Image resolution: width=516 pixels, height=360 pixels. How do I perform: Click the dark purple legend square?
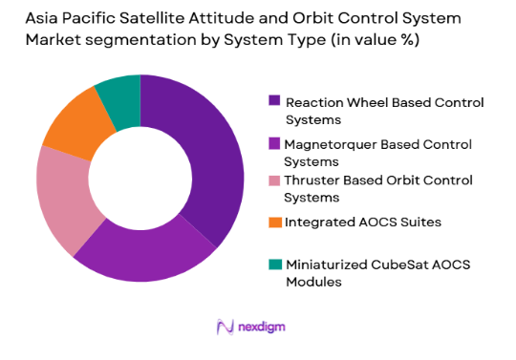[274, 101]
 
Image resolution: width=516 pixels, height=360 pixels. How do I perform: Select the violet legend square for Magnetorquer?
[274, 144]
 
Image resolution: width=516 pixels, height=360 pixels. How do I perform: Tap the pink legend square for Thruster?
[274, 180]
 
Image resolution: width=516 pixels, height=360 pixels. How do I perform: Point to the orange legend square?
[274, 222]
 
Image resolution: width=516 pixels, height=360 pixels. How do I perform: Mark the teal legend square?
[274, 265]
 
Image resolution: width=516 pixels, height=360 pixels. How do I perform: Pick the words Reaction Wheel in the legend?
[331, 101]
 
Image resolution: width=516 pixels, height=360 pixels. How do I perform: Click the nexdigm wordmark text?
[262, 328]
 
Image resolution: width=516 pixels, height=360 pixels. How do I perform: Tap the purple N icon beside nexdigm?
[226, 328]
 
